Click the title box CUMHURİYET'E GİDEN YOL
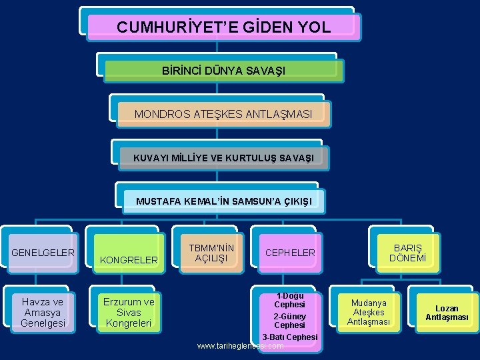coord(223,27)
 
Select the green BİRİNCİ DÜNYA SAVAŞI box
coord(223,71)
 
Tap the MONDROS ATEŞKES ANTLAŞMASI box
coord(223,114)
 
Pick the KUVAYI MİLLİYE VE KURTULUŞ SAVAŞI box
coord(223,157)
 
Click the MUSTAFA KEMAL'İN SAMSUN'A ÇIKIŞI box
coord(223,201)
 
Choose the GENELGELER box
coord(43,253)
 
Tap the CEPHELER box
coord(290,253)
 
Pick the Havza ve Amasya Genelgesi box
coord(43,312)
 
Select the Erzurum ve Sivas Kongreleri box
coord(129,312)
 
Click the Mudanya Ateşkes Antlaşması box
coord(369,312)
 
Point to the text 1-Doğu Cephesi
coord(290,300)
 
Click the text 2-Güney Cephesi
coord(290,321)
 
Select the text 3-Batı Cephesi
coord(290,337)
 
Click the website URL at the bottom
coord(241,346)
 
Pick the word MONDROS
coord(161,114)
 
